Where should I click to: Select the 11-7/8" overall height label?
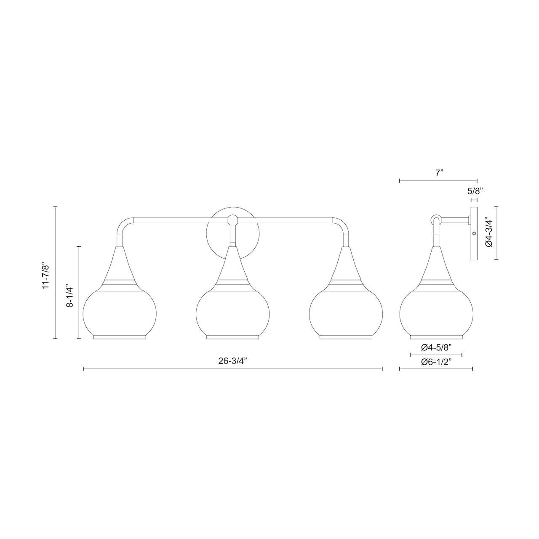pos(46,276)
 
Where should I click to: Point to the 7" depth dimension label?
pos(440,173)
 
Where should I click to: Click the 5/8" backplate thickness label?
pos(475,191)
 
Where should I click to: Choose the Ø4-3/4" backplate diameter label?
pos(489,232)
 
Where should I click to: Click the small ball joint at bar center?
pos(232,219)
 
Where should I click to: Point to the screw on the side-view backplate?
pos(474,233)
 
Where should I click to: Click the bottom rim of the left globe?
pos(120,337)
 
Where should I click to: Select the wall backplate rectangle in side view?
pos(474,233)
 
